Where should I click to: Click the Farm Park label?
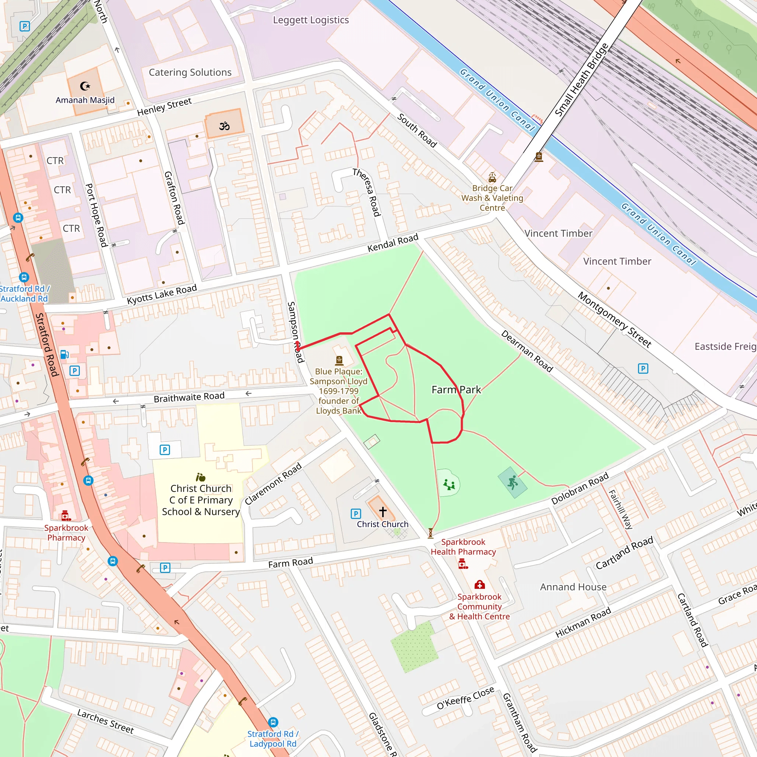456,390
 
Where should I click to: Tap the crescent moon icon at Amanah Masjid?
85,86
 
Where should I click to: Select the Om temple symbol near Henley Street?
224,126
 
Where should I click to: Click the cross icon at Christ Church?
383,511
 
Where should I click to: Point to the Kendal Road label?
393,243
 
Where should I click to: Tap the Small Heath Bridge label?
581,79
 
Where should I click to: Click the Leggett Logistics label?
311,20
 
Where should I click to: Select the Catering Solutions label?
190,72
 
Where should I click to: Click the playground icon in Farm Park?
449,485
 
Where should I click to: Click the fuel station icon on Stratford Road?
65,354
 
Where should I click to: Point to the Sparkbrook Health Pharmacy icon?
463,564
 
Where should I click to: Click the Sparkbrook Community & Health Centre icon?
479,585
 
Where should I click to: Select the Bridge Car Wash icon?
492,177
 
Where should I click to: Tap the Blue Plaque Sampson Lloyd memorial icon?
339,360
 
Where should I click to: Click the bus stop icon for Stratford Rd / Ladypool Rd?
273,722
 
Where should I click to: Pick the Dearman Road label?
527,352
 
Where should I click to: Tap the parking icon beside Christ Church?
355,514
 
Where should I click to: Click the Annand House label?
573,587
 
